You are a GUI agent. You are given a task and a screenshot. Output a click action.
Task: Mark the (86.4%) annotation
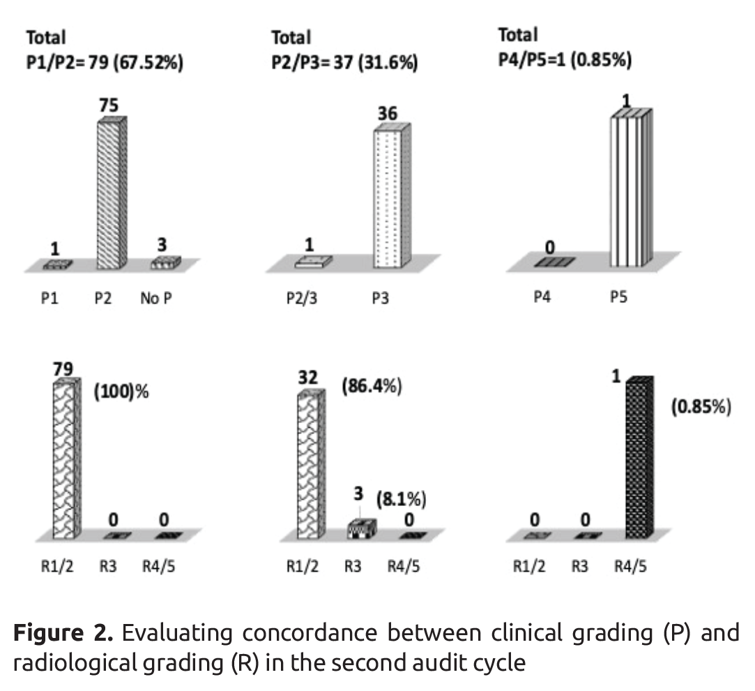[x=372, y=387]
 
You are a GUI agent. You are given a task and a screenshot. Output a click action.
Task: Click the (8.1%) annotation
[x=402, y=500]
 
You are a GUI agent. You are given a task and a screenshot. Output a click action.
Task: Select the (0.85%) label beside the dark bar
[x=701, y=408]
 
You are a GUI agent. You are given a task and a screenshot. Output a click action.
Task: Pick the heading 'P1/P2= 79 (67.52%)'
[x=104, y=64]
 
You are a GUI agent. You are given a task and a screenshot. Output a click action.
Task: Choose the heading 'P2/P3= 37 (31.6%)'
[x=344, y=64]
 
